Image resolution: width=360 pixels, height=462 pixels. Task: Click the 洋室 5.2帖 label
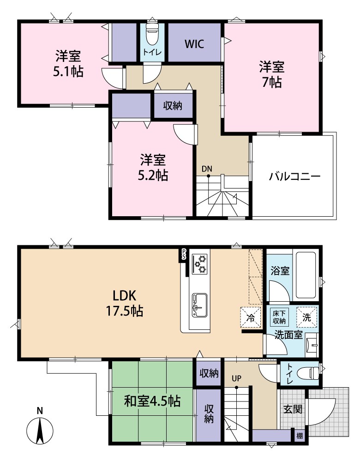coord(153,167)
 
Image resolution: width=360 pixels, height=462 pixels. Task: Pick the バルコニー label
coord(294,176)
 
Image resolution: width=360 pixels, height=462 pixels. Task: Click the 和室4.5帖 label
coord(151,401)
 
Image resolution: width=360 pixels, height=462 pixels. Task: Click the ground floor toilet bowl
coord(307,372)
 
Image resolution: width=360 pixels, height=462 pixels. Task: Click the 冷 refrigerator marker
coord(250,317)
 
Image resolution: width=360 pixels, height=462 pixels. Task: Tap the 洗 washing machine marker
coord(307,317)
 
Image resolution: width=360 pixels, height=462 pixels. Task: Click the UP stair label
coord(237,378)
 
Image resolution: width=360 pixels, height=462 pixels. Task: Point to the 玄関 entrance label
coord(293,409)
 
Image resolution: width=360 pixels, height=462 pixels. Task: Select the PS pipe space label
coord(184,254)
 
